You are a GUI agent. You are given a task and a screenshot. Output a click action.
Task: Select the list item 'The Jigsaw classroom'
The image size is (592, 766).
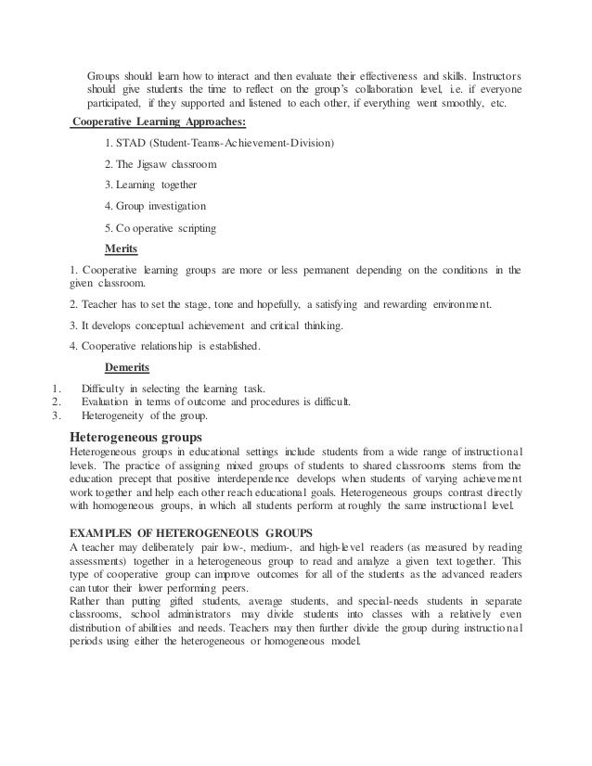click(168, 164)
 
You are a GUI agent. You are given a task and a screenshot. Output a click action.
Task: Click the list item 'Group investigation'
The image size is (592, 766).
click(162, 205)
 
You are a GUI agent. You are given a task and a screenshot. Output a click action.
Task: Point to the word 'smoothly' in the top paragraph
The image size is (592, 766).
click(454, 103)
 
